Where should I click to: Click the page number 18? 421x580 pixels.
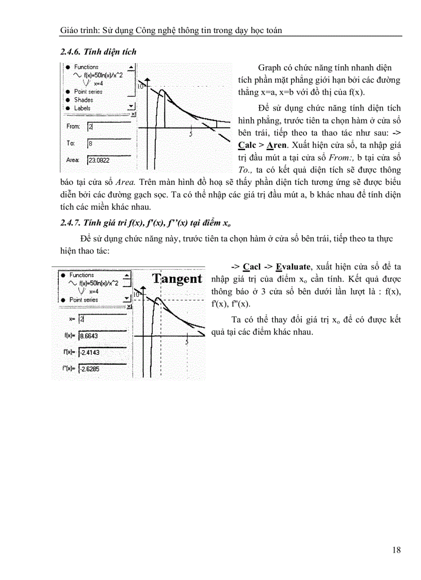[396, 550]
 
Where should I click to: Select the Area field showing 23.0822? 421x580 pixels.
[107, 161]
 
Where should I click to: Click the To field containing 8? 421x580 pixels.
[107, 144]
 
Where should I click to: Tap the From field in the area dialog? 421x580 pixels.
[107, 127]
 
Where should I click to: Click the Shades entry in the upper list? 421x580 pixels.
[83, 100]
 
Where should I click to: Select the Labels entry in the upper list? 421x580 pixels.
[82, 108]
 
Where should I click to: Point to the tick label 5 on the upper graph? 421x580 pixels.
[191, 134]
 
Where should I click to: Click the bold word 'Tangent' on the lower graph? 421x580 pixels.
[177, 279]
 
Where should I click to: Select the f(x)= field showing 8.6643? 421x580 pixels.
[102, 336]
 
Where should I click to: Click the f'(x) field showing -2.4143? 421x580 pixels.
[102, 352]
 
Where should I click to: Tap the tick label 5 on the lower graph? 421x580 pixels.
[186, 342]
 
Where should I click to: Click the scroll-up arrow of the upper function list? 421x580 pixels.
[131, 67]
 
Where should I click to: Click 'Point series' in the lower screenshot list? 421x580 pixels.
[83, 300]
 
